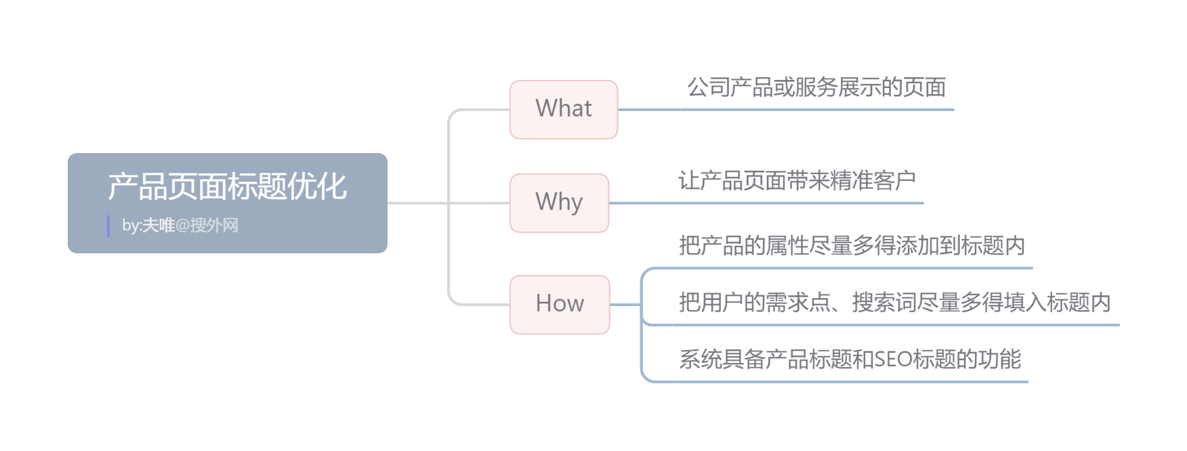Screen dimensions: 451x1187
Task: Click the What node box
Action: (x=564, y=109)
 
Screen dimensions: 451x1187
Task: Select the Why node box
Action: (x=559, y=202)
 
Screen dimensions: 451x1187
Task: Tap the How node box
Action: (x=560, y=304)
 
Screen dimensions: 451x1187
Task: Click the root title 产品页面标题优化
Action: (x=227, y=186)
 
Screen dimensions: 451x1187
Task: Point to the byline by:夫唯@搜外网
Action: (x=180, y=225)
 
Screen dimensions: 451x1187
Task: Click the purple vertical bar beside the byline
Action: (x=108, y=225)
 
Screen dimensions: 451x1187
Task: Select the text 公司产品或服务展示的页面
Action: (x=816, y=87)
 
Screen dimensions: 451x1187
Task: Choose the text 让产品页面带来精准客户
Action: (x=797, y=181)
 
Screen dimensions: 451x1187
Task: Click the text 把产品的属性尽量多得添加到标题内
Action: (x=852, y=245)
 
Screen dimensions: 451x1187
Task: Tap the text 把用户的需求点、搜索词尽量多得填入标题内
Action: (x=894, y=302)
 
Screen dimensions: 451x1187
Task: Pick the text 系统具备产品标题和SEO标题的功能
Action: (x=850, y=359)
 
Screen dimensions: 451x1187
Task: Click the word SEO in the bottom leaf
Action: (x=893, y=359)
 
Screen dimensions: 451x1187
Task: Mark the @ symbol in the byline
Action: (x=182, y=225)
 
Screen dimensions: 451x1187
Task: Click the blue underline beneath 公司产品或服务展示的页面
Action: (x=786, y=110)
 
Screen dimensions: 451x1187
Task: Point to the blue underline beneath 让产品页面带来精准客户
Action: (x=766, y=203)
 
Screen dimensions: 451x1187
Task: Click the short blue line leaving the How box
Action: (x=625, y=305)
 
